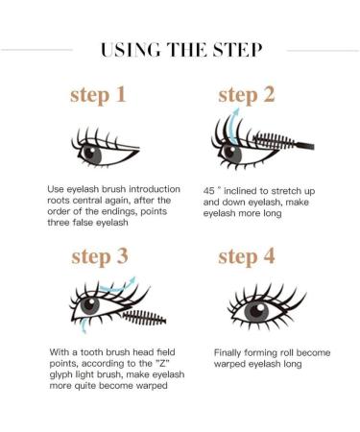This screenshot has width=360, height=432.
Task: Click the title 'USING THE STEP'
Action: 180,50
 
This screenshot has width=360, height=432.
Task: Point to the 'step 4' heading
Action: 251,256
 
